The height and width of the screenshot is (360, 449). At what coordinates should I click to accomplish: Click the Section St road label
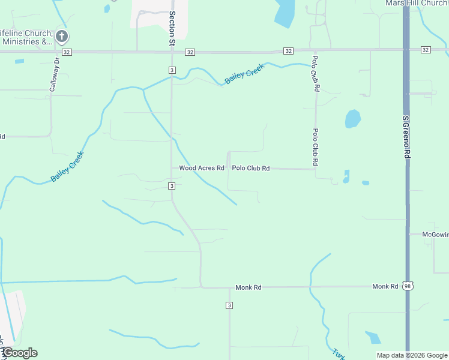pyautogui.click(x=172, y=28)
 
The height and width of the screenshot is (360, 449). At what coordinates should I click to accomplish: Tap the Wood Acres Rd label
pyautogui.click(x=202, y=169)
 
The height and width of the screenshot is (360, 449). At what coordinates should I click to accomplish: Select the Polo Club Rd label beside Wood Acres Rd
pyautogui.click(x=251, y=169)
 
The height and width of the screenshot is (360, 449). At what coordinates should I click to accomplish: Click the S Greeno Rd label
pyautogui.click(x=406, y=137)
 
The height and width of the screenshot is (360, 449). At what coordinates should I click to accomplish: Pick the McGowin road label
pyautogui.click(x=435, y=234)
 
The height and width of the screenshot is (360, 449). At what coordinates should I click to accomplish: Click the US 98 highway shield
pyautogui.click(x=408, y=287)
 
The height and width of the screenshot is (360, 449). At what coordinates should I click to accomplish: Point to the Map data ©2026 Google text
pyautogui.click(x=411, y=355)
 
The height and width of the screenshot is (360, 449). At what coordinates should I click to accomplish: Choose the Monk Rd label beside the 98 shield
pyautogui.click(x=385, y=287)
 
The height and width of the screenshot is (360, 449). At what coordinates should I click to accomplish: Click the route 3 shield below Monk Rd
pyautogui.click(x=229, y=306)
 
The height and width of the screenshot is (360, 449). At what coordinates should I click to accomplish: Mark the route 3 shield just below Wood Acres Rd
pyautogui.click(x=172, y=186)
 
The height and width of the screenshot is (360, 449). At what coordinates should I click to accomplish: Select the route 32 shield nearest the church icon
pyautogui.click(x=66, y=52)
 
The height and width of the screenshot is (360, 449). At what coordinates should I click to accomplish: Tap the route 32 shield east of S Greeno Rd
pyautogui.click(x=426, y=49)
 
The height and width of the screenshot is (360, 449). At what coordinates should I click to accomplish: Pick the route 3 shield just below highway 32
pyautogui.click(x=172, y=70)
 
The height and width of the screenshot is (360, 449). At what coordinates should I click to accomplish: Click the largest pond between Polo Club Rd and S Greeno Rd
pyautogui.click(x=353, y=118)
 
